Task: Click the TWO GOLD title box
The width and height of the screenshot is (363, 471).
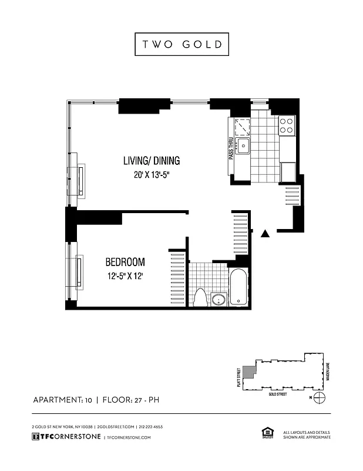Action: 181,44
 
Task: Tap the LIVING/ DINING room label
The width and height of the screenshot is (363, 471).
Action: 151,160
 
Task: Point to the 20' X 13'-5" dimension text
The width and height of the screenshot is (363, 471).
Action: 151,175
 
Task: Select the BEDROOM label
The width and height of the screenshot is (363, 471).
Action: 125,262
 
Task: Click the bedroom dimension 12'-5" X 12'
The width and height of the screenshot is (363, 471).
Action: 125,276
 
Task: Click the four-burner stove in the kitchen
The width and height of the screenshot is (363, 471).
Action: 286,125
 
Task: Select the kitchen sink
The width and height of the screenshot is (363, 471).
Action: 243,145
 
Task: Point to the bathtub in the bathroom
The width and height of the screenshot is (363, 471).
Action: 239,288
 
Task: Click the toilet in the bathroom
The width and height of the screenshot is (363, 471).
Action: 200,297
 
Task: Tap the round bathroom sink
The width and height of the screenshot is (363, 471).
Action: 219,300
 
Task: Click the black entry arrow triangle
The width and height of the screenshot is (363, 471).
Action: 265,234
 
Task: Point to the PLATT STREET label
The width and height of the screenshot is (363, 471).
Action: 238,373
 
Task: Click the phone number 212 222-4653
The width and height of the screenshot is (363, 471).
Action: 151,427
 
